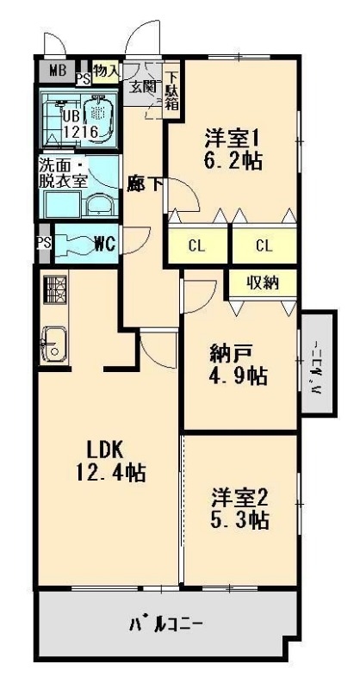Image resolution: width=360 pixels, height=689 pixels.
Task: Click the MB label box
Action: pyautogui.click(x=56, y=71)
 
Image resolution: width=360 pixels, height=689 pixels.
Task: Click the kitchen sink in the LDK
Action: pyautogui.click(x=53, y=347)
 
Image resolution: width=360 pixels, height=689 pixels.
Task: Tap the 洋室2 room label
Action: pyautogui.click(x=241, y=497)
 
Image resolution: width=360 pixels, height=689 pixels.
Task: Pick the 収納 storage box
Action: pyautogui.click(x=264, y=282)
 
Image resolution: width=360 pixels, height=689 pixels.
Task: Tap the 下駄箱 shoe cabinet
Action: pyautogui.click(x=171, y=90)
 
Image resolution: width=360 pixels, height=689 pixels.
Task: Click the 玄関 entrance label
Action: pyautogui.click(x=143, y=85)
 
